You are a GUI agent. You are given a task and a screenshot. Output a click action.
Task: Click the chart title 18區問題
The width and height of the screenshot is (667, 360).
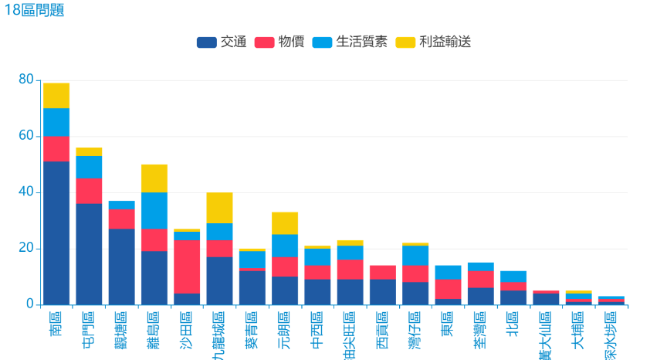pos(34,10)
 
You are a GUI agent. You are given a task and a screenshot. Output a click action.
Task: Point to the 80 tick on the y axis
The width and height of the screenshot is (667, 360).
pos(26,80)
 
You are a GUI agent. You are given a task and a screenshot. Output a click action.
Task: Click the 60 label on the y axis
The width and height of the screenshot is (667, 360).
pos(26,136)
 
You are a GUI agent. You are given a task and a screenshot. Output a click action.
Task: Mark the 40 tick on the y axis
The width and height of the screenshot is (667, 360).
pos(26,192)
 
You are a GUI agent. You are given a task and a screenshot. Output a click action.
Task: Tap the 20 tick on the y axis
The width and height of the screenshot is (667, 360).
pos(26,249)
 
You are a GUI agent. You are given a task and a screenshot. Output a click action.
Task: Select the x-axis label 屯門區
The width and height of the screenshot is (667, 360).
pos(89,328)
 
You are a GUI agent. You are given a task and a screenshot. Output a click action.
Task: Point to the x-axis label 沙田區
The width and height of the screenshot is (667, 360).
pos(187,328)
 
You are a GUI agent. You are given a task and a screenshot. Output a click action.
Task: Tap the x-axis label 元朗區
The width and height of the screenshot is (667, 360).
pos(285,328)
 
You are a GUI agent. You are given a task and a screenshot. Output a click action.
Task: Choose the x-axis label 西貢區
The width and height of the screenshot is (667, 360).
pos(382,328)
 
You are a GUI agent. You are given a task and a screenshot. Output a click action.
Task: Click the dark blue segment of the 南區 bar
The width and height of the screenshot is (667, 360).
pos(56,232)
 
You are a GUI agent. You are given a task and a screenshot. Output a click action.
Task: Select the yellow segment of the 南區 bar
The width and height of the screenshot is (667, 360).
pos(56,95)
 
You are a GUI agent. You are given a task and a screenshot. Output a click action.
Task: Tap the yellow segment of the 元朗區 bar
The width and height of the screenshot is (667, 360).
pos(285,223)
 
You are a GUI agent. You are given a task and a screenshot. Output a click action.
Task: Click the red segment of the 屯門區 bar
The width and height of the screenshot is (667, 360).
pos(89,191)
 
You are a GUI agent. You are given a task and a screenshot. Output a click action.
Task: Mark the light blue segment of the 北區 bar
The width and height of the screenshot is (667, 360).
pos(513,277)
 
